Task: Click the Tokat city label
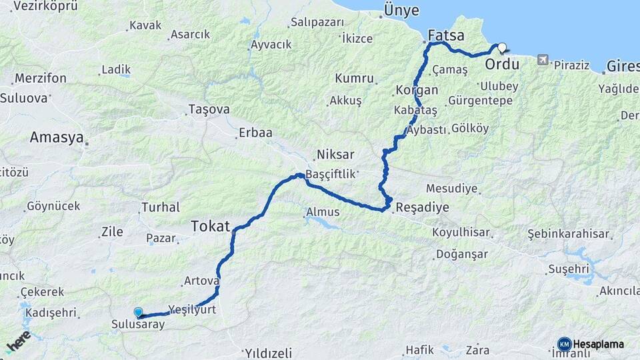click(x=210, y=226)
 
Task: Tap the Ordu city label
click(x=502, y=65)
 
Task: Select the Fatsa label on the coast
click(x=446, y=35)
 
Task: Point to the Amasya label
click(x=56, y=138)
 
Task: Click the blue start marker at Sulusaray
click(x=138, y=312)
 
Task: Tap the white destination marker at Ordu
click(x=502, y=48)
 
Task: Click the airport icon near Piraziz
click(x=543, y=61)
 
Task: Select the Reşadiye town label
click(x=422, y=207)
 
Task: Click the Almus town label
click(x=323, y=213)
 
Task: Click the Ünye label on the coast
click(x=401, y=11)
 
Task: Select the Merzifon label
click(x=41, y=78)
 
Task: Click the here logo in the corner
click(x=18, y=341)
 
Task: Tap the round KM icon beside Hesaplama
click(x=564, y=344)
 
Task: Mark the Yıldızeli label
click(x=268, y=352)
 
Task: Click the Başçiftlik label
click(x=332, y=173)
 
